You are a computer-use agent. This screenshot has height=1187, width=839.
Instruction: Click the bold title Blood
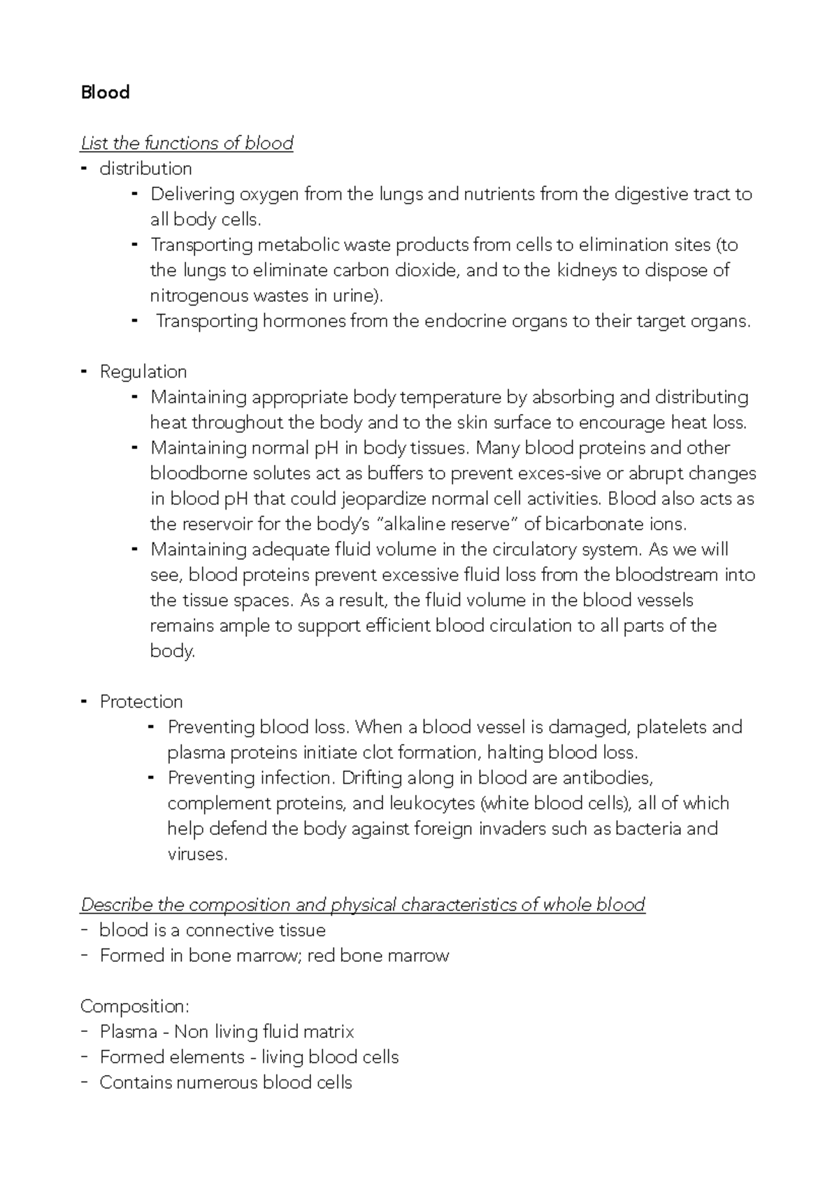105,92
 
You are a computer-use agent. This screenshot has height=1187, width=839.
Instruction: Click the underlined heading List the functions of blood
187,143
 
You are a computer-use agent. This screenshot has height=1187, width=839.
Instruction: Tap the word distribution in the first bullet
145,168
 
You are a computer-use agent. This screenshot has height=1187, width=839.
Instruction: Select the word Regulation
143,371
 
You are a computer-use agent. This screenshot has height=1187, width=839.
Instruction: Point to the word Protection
141,701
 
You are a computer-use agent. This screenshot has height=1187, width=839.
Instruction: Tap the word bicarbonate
594,524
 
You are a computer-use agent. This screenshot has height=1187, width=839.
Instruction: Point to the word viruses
197,854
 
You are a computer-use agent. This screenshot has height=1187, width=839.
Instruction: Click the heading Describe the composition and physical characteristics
363,905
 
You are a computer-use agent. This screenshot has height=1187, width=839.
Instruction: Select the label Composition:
134,1006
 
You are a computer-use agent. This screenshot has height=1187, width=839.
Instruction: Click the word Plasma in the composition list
128,1031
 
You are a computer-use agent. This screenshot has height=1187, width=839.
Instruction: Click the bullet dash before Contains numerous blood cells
85,1081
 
